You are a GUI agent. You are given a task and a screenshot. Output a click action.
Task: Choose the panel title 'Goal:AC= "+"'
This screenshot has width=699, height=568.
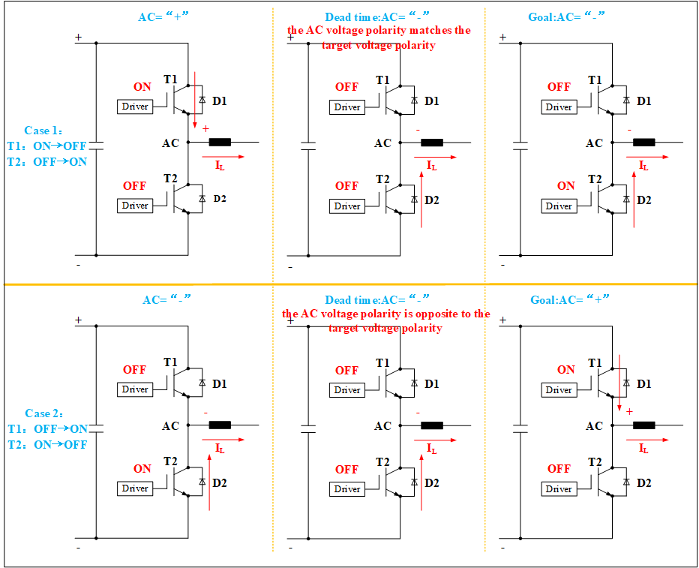(559, 299)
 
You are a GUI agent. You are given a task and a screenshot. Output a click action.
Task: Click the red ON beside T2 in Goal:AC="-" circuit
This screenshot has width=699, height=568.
(566, 186)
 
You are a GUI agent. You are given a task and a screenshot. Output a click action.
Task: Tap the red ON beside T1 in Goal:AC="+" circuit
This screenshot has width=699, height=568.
(566, 369)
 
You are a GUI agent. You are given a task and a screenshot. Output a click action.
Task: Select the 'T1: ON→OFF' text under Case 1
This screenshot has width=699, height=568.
(47, 146)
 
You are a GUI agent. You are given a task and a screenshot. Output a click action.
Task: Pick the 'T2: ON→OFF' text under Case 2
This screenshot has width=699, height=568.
(47, 444)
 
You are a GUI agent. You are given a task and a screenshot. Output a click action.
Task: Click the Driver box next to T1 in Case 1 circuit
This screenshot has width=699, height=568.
(135, 107)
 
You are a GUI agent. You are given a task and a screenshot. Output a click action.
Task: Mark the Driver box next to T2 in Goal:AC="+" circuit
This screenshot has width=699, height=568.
(559, 488)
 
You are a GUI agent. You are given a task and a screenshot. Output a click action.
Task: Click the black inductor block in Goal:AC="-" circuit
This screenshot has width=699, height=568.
(644, 142)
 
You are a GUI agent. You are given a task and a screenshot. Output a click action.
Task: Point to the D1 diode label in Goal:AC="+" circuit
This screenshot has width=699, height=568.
(644, 384)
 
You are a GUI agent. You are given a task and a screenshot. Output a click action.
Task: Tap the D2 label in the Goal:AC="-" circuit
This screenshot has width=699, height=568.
(644, 200)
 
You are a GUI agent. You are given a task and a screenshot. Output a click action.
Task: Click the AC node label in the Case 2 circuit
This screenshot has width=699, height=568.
(171, 426)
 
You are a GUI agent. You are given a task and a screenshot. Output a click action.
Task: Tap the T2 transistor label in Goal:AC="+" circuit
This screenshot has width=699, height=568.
(595, 461)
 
